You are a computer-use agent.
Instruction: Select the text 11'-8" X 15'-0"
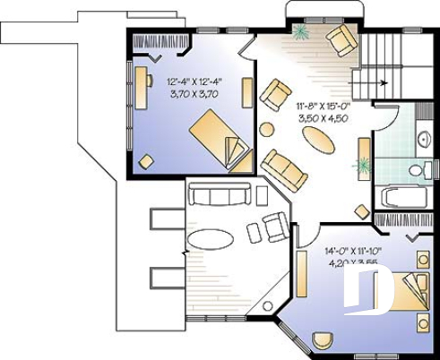pos(319,106)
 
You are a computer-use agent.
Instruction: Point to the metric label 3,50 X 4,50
pos(319,116)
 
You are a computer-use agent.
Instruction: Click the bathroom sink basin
pos(422,139)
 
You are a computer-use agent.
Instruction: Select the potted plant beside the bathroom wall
pos(363,166)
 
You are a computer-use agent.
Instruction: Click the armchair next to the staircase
pos(341,39)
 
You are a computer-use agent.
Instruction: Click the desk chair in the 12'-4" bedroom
pos(146,161)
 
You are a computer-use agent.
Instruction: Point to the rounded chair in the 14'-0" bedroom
pos(323,341)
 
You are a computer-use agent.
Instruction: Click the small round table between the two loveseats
pos(266,129)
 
